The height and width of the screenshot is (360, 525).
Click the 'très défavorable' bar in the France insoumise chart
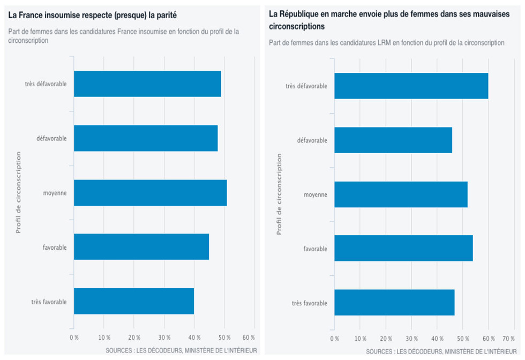(147, 84)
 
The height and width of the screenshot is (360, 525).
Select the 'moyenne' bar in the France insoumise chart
(150, 193)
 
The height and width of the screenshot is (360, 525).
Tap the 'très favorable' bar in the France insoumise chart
(134, 301)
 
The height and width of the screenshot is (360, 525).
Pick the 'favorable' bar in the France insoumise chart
(141, 247)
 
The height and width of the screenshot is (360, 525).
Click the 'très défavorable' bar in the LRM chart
(411, 86)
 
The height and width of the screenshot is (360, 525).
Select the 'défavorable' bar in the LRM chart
(393, 140)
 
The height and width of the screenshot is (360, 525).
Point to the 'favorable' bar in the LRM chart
(403, 249)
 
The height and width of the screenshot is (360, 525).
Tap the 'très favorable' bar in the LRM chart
(394, 303)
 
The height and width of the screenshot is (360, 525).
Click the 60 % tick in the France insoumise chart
(249, 338)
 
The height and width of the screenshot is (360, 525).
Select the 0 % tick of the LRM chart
(335, 339)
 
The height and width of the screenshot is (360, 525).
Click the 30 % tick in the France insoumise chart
(164, 338)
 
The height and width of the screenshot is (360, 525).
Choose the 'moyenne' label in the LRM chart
(316, 194)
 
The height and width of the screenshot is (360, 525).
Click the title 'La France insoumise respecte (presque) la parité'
(93, 15)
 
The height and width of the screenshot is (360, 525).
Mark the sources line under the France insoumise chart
(181, 350)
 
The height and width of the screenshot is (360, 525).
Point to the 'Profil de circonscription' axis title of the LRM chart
(279, 194)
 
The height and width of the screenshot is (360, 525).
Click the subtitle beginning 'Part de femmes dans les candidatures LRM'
(386, 42)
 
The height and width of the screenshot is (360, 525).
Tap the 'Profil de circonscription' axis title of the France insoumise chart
(18, 193)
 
